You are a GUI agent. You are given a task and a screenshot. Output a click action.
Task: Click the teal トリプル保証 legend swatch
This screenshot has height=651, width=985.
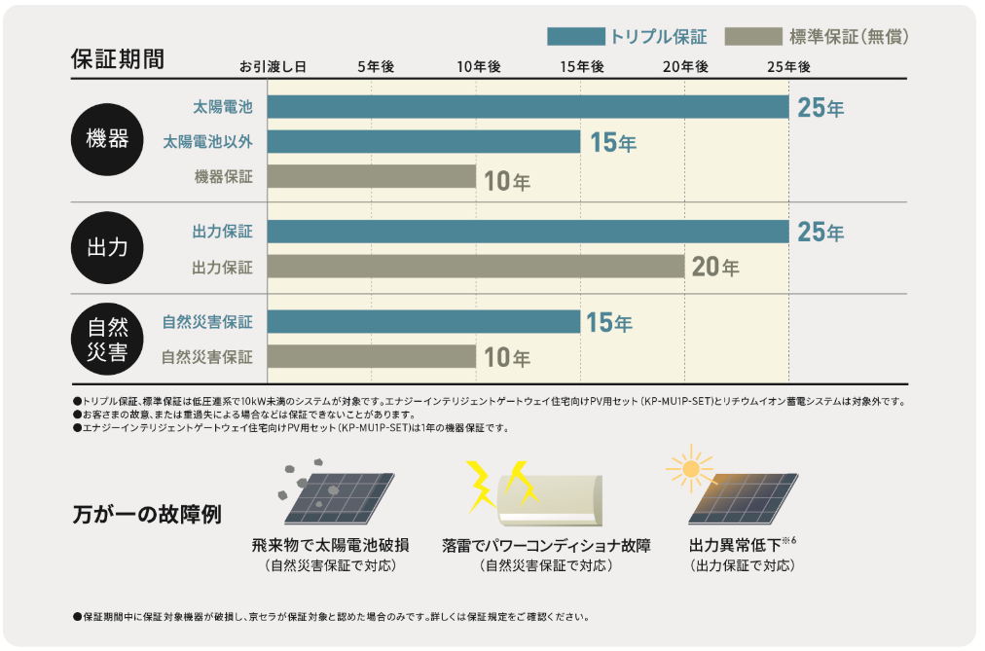click(575, 37)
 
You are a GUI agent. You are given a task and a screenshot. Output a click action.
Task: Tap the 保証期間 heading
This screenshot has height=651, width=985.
click(118, 58)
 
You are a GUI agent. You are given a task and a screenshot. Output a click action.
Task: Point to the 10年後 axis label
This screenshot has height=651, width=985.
click(478, 66)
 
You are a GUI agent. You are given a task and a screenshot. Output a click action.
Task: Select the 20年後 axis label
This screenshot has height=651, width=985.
click(685, 66)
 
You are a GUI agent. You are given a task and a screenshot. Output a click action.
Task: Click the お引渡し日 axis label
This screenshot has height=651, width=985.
click(274, 66)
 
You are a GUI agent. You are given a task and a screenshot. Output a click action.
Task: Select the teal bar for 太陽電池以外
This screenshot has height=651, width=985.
click(423, 142)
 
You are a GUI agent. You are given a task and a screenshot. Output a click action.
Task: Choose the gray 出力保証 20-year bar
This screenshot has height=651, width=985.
click(476, 267)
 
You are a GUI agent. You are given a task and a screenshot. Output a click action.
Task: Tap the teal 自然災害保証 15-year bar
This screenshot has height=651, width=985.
click(423, 321)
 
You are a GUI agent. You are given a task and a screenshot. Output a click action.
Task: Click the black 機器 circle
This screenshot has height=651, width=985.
click(107, 139)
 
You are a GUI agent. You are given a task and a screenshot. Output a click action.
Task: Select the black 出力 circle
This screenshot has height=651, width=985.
click(107, 248)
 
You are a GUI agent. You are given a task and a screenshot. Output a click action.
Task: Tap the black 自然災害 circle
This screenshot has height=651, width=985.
click(107, 338)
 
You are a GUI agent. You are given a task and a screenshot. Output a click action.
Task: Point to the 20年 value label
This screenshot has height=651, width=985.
click(715, 267)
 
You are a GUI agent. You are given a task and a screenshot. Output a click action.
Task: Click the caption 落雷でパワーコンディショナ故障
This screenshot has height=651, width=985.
click(546, 545)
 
